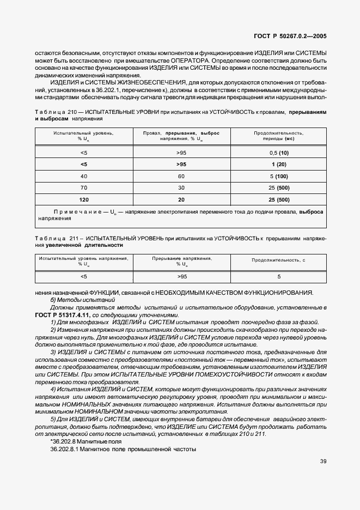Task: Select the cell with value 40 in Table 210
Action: click(83, 176)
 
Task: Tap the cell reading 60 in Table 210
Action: click(181, 176)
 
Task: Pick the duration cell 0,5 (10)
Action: click(279, 153)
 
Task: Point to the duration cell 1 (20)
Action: click(279, 164)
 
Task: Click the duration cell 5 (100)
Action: click(279, 176)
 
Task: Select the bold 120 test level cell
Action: click(83, 199)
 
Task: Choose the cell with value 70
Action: click(83, 187)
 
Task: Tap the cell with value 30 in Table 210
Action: click(181, 187)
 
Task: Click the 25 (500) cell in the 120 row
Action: click(279, 199)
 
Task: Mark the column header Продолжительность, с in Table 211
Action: click(278, 260)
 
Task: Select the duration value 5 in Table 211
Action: click(279, 277)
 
